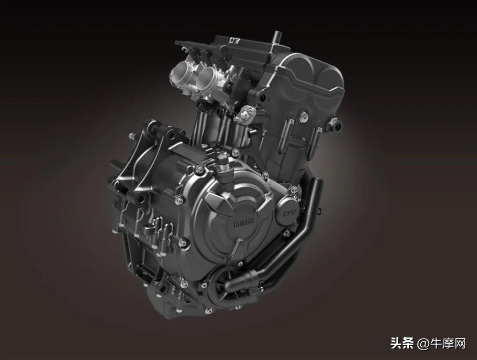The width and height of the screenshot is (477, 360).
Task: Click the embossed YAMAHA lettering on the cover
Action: point(243,222)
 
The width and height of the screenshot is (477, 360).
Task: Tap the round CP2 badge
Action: point(287,210)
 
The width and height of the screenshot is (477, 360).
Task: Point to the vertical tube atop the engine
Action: point(277,38)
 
